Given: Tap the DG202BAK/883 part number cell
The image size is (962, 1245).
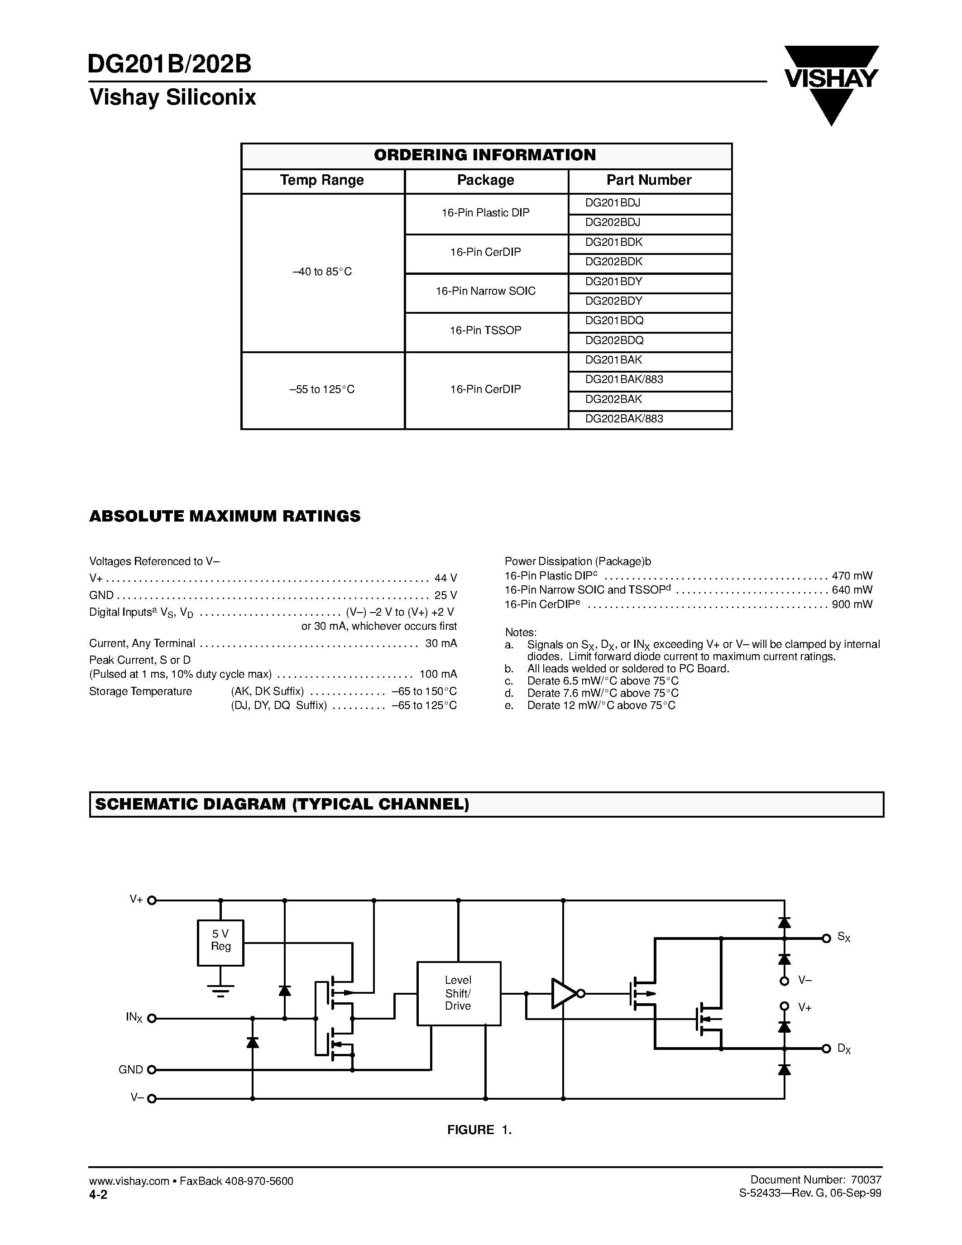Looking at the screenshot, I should (x=650, y=419).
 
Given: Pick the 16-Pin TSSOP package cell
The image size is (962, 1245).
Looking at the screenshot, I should (x=486, y=330).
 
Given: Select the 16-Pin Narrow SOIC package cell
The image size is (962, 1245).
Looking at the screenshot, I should (x=486, y=291).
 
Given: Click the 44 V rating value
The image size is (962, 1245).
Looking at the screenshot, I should (x=445, y=578).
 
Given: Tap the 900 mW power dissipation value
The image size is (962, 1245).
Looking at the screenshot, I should (x=852, y=604).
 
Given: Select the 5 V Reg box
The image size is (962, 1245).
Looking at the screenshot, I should (x=220, y=943).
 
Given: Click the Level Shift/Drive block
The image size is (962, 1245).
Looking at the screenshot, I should (x=458, y=993).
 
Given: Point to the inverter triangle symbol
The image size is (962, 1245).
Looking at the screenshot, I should (x=564, y=994).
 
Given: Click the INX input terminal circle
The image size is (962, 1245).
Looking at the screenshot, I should (x=152, y=1018).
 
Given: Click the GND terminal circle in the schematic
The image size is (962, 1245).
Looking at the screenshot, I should (x=152, y=1070).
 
